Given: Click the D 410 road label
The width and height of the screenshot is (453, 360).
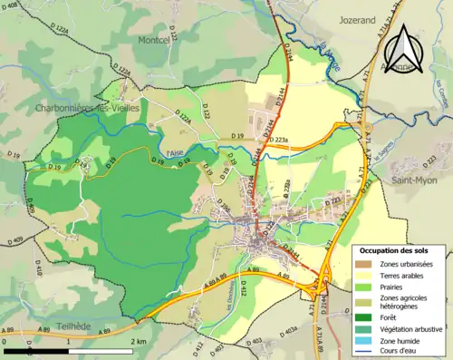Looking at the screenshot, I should click(x=39, y=269).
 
